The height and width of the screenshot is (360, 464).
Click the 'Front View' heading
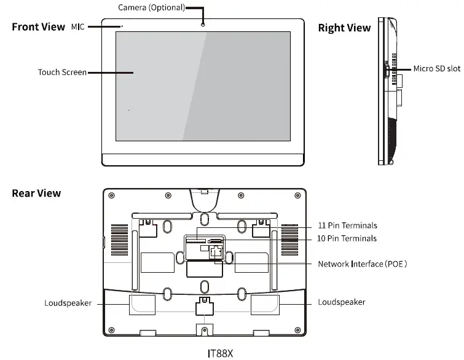(38, 27)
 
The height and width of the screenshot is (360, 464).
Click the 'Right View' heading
(344, 28)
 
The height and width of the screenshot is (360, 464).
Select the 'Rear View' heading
(36, 193)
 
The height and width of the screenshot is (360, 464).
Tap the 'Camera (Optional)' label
(151, 8)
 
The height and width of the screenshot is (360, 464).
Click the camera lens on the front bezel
(203, 24)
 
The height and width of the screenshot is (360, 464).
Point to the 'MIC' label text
(77, 27)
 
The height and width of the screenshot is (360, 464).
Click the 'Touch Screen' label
(62, 72)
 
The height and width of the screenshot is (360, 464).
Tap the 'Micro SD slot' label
(436, 68)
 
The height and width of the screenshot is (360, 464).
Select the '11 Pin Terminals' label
(347, 225)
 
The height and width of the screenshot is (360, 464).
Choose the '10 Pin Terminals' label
(347, 238)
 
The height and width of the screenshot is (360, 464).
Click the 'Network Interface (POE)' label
(363, 264)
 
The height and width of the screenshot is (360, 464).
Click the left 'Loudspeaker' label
(68, 303)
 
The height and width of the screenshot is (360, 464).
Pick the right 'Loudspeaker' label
(342, 302)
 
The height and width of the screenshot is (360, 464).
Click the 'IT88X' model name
(221, 353)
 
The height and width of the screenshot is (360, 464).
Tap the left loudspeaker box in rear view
(142, 305)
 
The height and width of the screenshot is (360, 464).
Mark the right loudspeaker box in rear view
(264, 305)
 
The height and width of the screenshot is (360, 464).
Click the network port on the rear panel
(216, 251)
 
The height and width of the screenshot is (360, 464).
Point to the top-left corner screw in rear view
(111, 197)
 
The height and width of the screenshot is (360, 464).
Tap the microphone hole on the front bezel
(122, 26)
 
